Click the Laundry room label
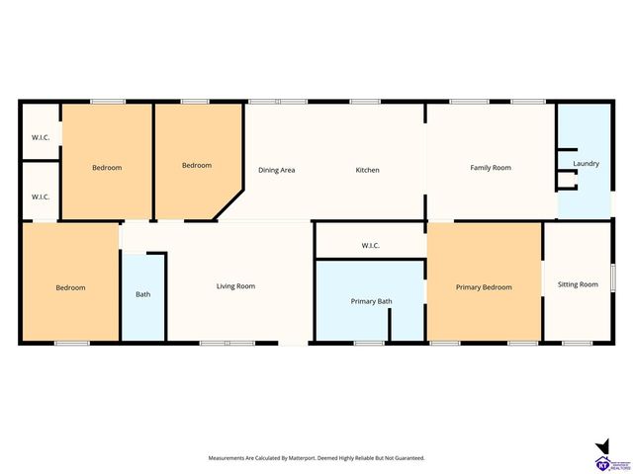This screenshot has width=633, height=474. [x=586, y=163]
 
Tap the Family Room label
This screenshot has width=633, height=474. [x=490, y=168]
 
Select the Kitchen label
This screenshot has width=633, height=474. [x=367, y=170]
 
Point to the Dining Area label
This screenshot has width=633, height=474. [x=277, y=170]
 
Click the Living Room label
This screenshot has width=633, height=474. [x=235, y=286]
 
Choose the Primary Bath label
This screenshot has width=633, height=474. [x=371, y=301]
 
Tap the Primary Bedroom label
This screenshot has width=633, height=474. [x=484, y=287]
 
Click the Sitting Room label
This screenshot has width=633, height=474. [x=578, y=284]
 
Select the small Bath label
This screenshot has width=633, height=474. [x=143, y=294]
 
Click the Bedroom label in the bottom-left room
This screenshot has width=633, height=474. [x=70, y=287]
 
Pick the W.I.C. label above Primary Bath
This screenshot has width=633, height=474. [x=371, y=245]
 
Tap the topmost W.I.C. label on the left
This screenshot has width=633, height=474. [x=41, y=136]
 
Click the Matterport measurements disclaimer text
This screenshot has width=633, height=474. [x=316, y=458]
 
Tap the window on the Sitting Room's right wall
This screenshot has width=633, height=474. [x=612, y=277]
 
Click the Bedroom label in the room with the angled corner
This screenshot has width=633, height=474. [x=197, y=165]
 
